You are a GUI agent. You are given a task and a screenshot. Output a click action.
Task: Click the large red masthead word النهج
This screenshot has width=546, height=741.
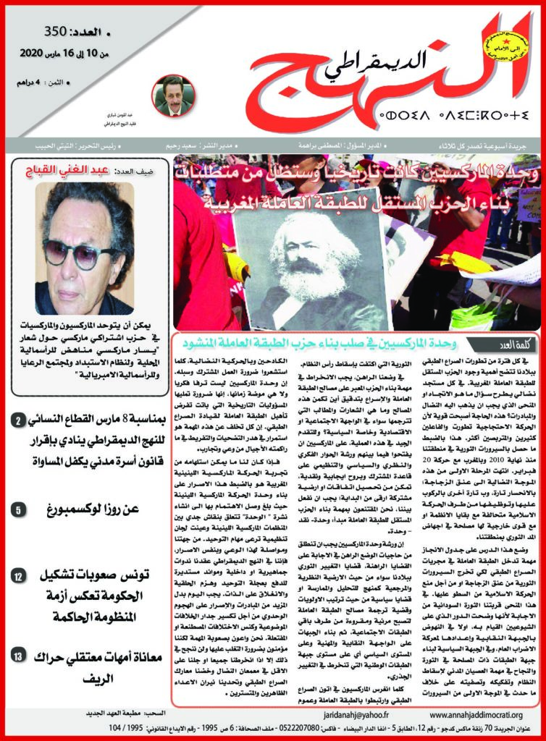pos(340,80)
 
